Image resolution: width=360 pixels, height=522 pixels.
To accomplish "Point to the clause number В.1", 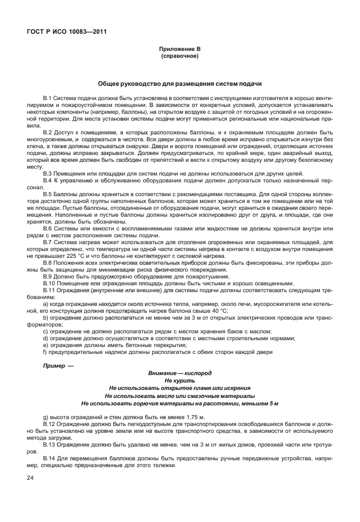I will [48, 99].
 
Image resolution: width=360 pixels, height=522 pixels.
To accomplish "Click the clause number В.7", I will [48, 243].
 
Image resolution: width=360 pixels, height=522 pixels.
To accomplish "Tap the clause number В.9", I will [48, 276].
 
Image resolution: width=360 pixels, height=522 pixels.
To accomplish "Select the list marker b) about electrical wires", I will [46, 316].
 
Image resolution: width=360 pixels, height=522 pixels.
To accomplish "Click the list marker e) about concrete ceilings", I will [46, 345].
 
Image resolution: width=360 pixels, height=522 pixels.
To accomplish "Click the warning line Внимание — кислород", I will [179, 372].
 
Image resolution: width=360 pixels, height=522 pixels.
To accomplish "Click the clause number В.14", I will [50, 460].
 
